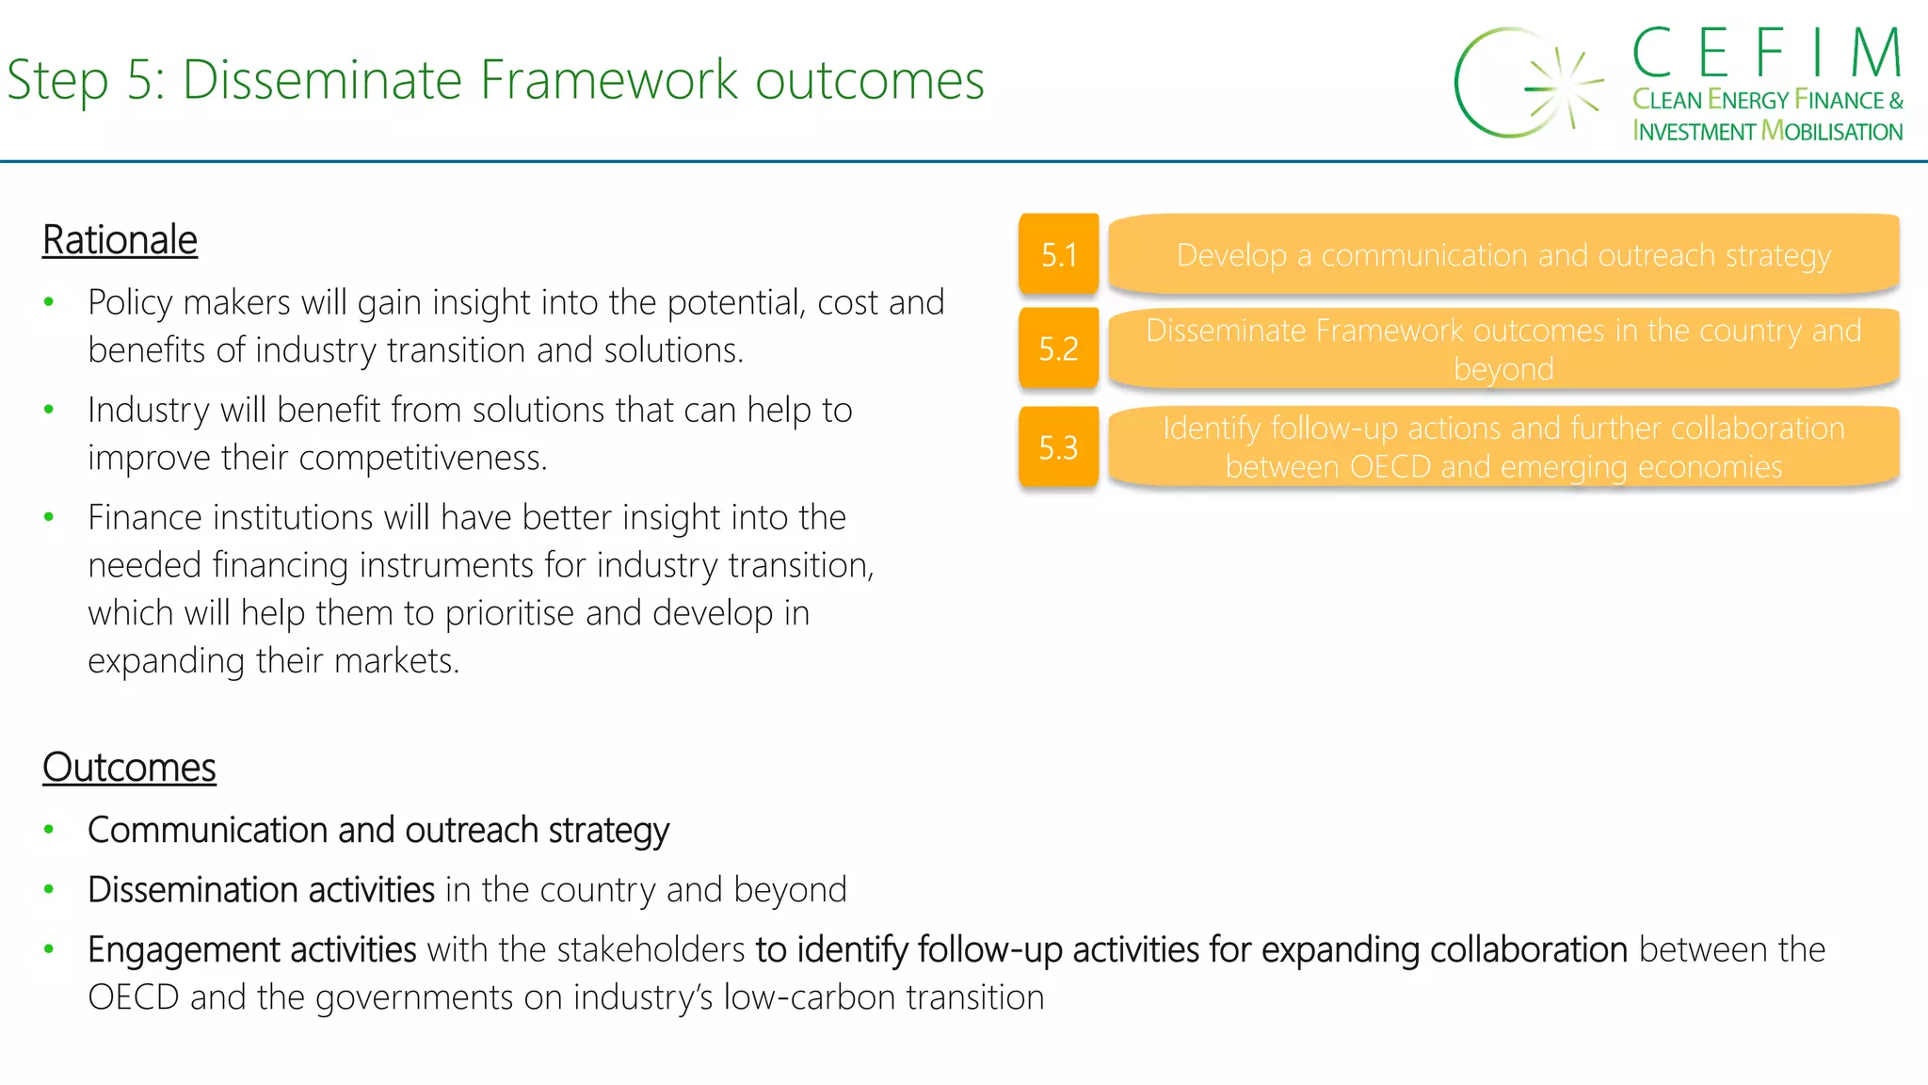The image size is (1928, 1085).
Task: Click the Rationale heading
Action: (x=120, y=240)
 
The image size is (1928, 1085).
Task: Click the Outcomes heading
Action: (x=129, y=768)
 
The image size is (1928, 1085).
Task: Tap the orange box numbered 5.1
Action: (x=1058, y=254)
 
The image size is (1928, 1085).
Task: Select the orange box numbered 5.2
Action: (x=1058, y=348)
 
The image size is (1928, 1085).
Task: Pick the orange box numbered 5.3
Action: (x=1058, y=447)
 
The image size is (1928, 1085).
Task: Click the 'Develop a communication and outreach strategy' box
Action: (x=1503, y=254)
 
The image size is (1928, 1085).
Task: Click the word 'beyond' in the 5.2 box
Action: (x=1503, y=369)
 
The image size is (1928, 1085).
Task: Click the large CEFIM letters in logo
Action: (x=1767, y=53)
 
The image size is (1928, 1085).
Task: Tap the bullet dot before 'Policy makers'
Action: (x=49, y=302)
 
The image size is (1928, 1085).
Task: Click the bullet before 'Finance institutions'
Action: (x=49, y=517)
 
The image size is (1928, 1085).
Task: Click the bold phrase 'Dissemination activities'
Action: (x=261, y=890)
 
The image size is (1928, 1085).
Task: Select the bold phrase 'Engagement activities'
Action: (x=251, y=949)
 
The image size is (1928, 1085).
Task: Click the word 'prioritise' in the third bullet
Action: (x=509, y=613)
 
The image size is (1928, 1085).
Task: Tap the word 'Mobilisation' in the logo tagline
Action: (x=1831, y=131)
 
